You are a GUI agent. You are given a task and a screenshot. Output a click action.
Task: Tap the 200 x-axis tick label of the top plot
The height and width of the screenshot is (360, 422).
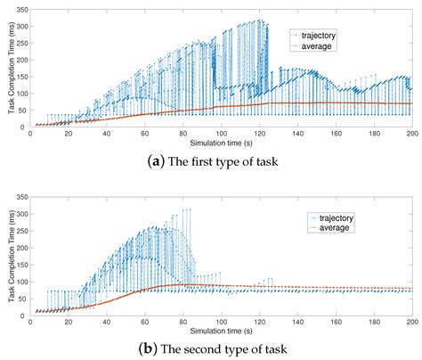point(411,135)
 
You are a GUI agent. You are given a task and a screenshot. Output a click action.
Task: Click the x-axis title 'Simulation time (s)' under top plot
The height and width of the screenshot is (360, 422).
point(221,143)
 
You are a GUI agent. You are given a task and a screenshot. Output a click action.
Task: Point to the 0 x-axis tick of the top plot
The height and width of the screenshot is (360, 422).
point(30,135)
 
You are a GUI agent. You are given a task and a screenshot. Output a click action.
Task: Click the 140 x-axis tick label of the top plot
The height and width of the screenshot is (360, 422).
point(297,135)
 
